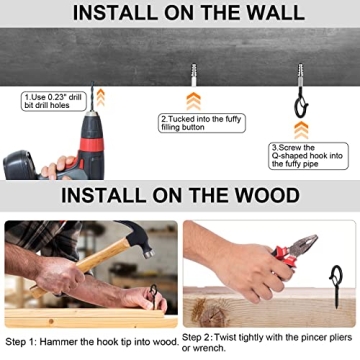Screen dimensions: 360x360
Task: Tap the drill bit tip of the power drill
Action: point(92,82)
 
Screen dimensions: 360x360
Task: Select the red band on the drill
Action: point(91,145)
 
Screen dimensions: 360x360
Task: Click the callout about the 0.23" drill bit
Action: point(54,101)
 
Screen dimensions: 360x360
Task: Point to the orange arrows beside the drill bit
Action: point(101,97)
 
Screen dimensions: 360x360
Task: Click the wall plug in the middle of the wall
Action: point(194,75)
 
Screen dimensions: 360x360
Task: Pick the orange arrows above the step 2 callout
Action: point(194,101)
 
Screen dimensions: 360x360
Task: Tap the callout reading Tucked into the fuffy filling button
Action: point(202,123)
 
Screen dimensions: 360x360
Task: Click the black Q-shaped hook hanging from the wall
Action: point(301,101)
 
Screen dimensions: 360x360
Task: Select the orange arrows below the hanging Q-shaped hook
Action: point(301,130)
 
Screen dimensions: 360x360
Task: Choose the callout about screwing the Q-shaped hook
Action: point(308,156)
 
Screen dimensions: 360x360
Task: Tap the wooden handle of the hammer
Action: point(80,267)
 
